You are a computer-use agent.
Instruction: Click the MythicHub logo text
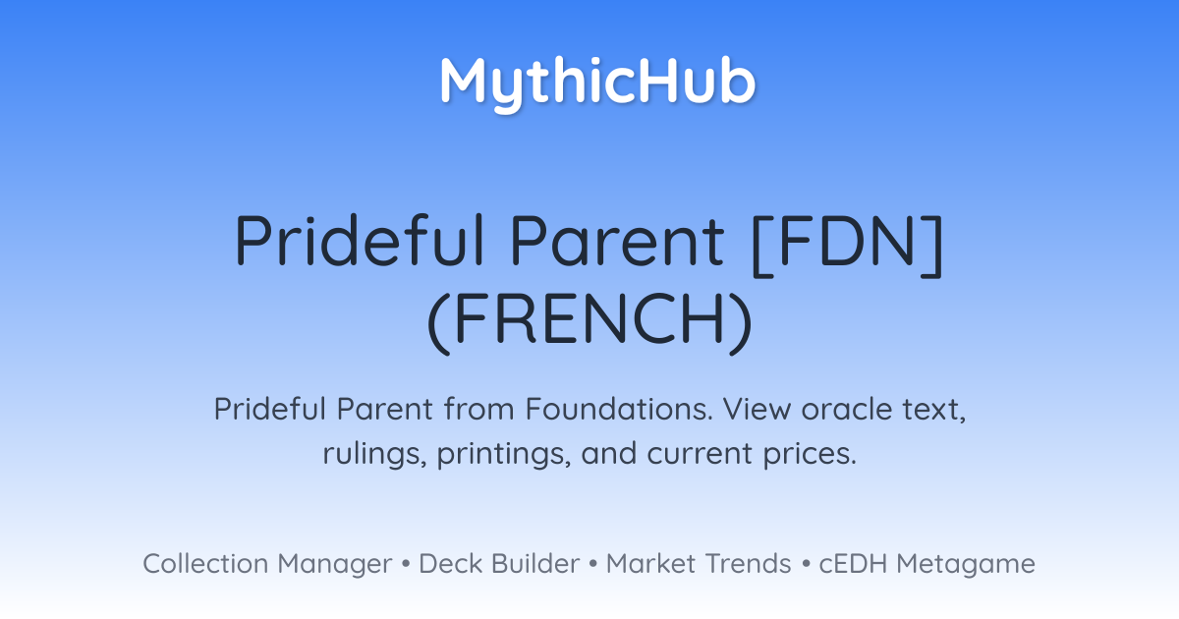coord(598,83)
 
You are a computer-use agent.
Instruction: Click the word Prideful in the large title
coord(360,240)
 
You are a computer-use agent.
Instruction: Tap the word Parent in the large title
coord(617,240)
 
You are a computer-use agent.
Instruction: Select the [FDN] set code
coord(847,245)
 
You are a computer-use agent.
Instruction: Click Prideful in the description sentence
coord(270,409)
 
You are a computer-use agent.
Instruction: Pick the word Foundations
coord(619,409)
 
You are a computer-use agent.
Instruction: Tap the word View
coord(757,409)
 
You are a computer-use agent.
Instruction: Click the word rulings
coord(374,454)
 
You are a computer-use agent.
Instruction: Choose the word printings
coord(504,454)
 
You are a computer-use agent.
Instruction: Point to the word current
coord(700,454)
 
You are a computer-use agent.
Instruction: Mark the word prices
coord(810,454)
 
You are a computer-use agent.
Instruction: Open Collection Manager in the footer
coord(267,564)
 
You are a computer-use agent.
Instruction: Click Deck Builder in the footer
coord(499,564)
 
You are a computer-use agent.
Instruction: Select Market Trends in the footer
coord(699,564)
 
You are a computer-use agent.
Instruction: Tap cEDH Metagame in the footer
coord(926,564)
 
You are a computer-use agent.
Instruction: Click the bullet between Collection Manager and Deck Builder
coord(405,564)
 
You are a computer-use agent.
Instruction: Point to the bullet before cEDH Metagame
coord(806,564)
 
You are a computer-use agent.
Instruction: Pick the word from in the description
coord(478,409)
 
